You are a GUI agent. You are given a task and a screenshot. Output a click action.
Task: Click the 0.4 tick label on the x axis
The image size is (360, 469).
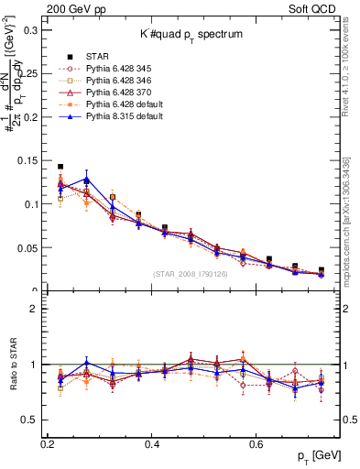152,444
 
